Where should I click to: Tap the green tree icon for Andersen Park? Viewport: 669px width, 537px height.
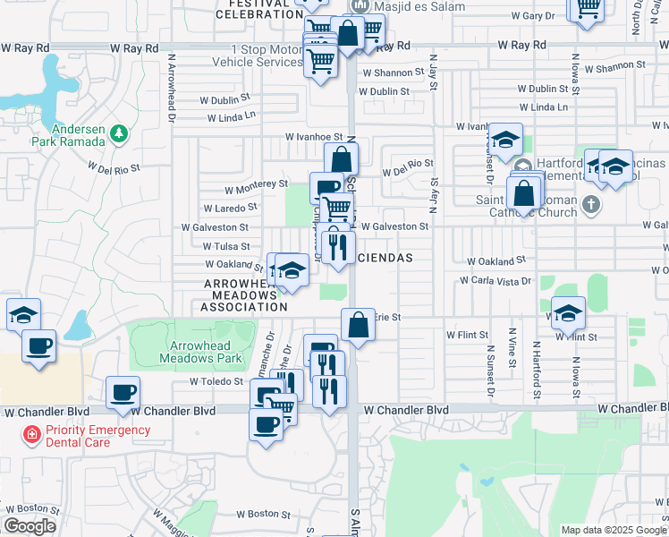pos(119,133)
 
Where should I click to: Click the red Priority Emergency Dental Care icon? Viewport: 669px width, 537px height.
pos(31,435)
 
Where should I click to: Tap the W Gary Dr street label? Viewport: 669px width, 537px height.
pos(538,16)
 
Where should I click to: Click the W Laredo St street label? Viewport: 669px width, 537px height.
pos(229,206)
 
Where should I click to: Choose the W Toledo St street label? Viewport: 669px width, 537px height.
pos(216,381)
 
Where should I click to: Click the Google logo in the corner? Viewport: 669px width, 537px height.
pos(30,526)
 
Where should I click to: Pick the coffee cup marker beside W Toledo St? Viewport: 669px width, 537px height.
pos(123,391)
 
